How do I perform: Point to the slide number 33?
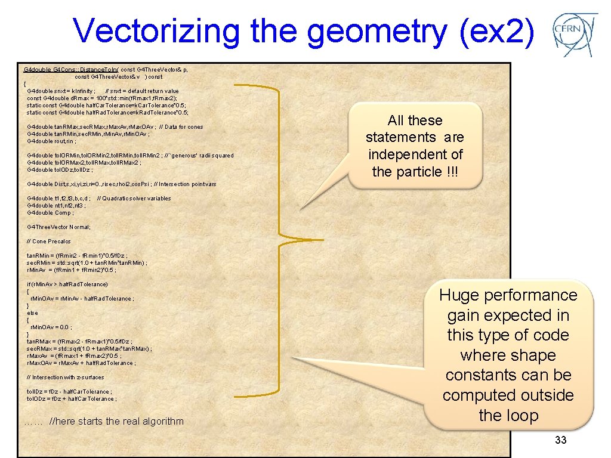point(560,440)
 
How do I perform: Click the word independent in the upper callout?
point(415,154)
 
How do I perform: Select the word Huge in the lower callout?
point(460,295)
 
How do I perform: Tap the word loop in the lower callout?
point(508,416)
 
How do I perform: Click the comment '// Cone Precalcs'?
point(48,242)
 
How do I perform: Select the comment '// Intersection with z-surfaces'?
point(65,377)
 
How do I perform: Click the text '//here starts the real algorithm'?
point(116,421)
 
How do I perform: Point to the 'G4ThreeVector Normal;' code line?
point(58,227)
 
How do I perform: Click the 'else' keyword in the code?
point(32,313)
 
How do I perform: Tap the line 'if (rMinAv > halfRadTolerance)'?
point(67,284)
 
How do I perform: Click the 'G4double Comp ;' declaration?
point(50,213)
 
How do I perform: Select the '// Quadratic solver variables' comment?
point(134,199)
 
